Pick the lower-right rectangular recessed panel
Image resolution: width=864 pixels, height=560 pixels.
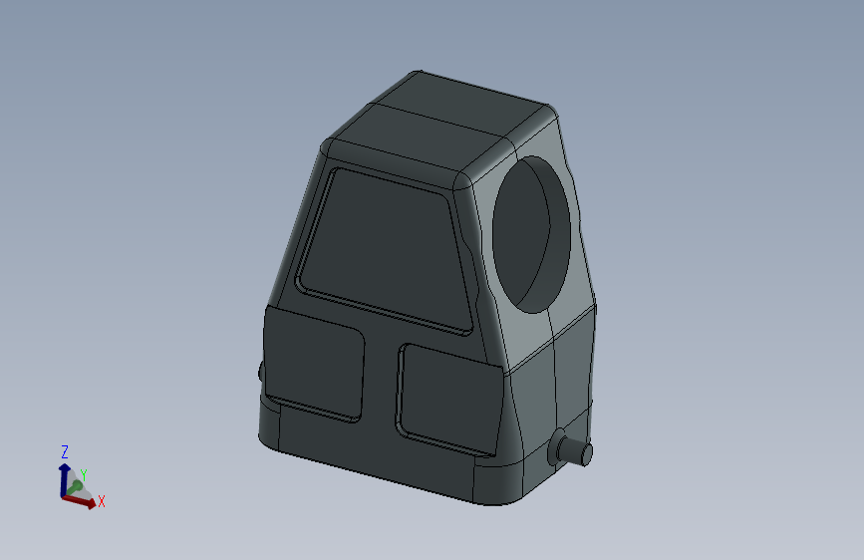pos(448,397)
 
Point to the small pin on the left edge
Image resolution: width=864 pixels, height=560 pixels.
pos(261,372)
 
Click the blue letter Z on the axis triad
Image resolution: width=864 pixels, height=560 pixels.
pos(65,451)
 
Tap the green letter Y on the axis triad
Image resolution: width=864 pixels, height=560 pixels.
pos(84,475)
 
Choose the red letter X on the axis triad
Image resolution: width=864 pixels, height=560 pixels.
pos(102,501)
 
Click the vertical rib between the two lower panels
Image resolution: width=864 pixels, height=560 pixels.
pos(380,384)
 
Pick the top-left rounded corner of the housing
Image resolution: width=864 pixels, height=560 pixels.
pos(328,148)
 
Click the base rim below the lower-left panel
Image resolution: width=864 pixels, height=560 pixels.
pos(319,438)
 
